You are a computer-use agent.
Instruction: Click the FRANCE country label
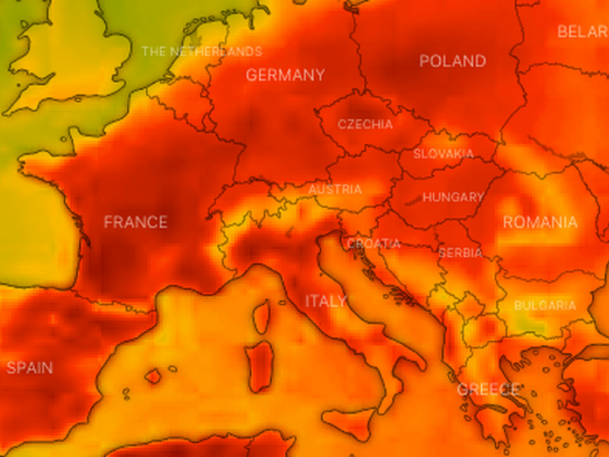(136, 222)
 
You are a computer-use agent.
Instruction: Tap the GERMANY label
(285, 75)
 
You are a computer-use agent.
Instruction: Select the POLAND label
(452, 61)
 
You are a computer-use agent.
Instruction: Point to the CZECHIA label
(365, 124)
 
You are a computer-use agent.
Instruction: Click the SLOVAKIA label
(443, 154)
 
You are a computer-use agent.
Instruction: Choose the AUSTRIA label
(335, 190)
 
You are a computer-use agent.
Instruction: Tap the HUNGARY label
(453, 197)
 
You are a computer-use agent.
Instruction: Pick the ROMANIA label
(540, 222)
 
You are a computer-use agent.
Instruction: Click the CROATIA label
(373, 244)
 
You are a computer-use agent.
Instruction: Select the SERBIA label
(461, 252)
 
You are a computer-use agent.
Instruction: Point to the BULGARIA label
(544, 305)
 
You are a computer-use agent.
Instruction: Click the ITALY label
(326, 301)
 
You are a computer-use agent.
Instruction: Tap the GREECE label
(487, 389)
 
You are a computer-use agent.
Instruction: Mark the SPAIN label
(30, 368)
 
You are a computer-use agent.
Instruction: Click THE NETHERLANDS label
(202, 52)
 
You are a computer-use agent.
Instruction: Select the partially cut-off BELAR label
(582, 32)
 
